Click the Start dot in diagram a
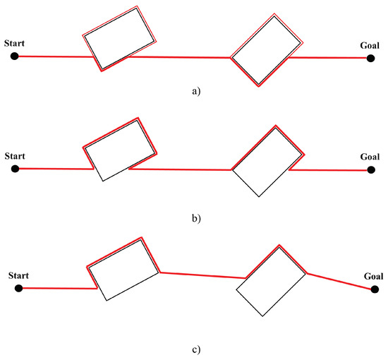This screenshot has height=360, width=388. point(14,56)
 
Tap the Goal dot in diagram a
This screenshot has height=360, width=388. point(370,58)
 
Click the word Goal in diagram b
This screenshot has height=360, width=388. point(370,157)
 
